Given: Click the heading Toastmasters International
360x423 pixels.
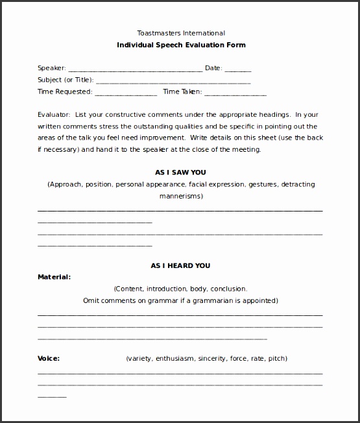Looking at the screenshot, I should coord(181,32).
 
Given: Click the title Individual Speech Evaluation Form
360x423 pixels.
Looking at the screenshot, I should coord(181,45).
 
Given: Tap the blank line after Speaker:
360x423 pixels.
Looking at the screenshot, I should coord(135,69).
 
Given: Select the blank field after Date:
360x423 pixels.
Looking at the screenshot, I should coord(238,69).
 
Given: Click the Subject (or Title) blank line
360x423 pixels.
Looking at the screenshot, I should coord(173,81).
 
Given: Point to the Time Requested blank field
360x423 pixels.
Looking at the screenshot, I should coord(126,93).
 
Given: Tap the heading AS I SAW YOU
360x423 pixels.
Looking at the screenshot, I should coord(181,173).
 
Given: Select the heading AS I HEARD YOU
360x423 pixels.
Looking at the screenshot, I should coord(181,265).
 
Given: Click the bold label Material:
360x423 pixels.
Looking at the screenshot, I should coord(54,277).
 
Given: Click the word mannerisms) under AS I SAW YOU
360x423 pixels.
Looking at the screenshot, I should coord(181,195).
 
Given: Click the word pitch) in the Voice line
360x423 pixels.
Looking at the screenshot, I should coord(276,358).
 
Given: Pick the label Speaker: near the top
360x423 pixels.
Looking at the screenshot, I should coord(51,67).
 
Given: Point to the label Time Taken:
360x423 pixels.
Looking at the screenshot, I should coord(183,92).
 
